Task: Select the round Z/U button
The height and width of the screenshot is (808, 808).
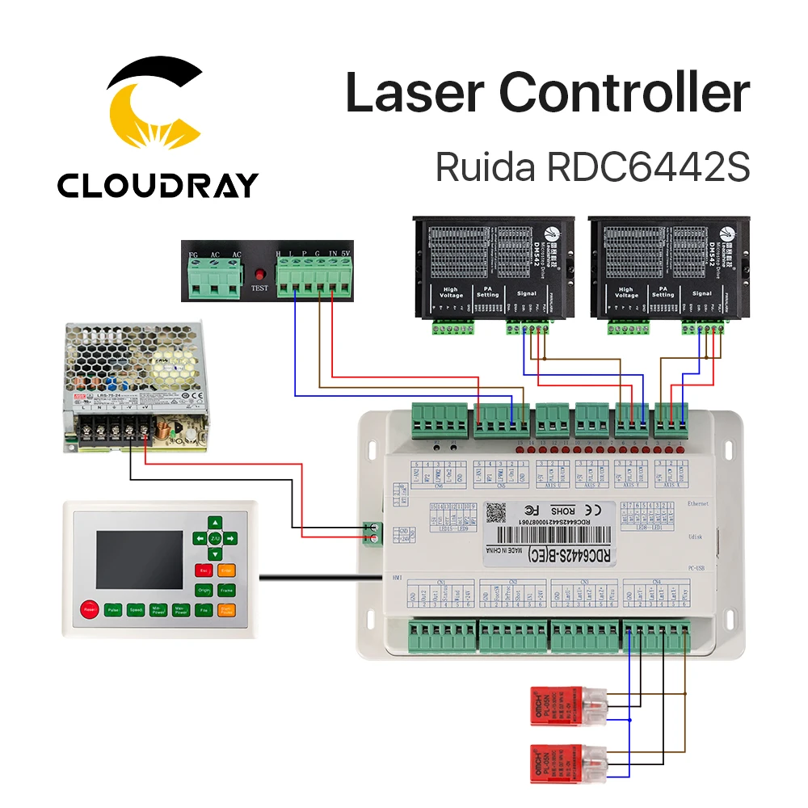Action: tap(215, 537)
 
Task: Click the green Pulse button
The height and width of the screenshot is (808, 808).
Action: tap(112, 611)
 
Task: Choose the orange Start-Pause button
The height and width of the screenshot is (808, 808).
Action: tap(227, 611)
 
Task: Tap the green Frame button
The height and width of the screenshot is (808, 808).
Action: tap(227, 591)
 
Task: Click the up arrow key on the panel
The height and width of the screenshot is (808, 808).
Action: tap(215, 522)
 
